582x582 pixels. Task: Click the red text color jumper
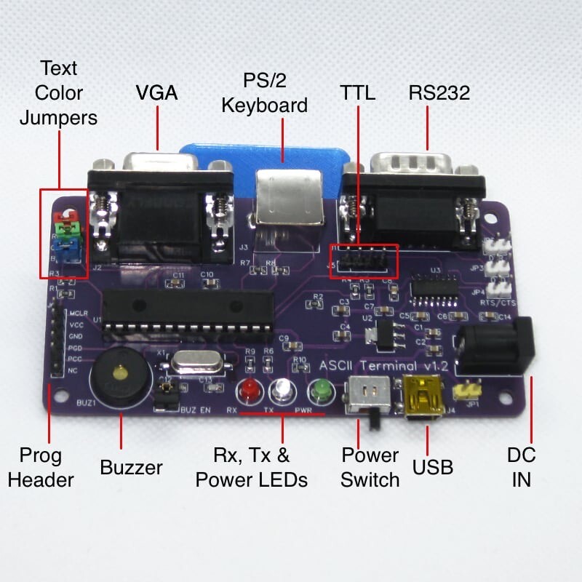(x=65, y=217)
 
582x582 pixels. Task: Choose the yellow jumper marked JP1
(x=463, y=393)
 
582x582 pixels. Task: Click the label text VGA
(x=157, y=92)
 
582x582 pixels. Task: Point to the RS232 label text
(x=439, y=92)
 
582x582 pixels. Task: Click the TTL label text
(x=357, y=92)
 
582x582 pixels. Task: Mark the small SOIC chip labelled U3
(x=434, y=288)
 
